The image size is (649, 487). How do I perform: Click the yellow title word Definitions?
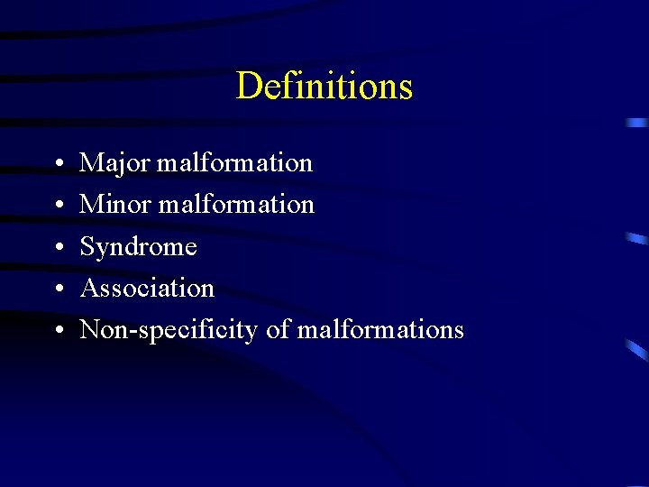click(324, 87)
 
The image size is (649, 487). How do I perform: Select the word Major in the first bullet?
click(115, 164)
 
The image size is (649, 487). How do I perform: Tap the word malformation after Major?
click(234, 163)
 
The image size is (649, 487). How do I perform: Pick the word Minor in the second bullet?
click(116, 205)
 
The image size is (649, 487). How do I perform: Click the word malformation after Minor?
click(236, 205)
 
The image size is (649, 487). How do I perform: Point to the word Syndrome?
click(138, 247)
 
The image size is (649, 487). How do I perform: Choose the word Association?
click(147, 289)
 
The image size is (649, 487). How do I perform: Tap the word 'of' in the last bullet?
click(277, 330)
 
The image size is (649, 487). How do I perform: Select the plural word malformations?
click(380, 330)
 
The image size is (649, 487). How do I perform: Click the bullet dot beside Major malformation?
click(57, 165)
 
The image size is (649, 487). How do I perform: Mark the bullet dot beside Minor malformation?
click(57, 207)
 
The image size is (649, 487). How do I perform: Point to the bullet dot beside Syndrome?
click(57, 248)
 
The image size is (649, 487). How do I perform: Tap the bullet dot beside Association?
click(57, 289)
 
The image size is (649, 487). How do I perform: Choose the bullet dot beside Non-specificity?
click(57, 331)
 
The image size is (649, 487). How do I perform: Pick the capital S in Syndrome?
click(87, 246)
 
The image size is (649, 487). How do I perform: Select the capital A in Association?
click(89, 289)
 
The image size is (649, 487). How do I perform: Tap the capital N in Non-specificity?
click(90, 330)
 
